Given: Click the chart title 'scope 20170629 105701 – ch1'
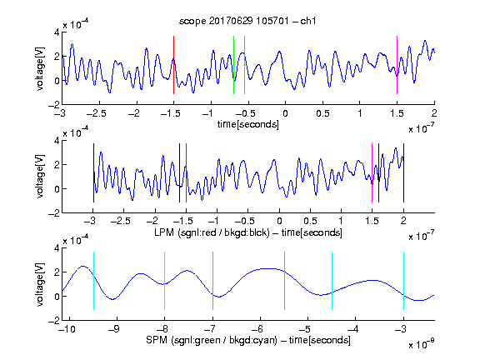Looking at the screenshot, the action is pyautogui.click(x=247, y=21).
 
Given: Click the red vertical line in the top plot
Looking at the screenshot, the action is pyautogui.click(x=173, y=65).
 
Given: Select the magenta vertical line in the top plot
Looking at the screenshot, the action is pyautogui.click(x=397, y=65).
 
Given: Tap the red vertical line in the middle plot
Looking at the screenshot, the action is pyautogui.click(x=186, y=173).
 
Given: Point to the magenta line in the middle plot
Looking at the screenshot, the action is pyautogui.click(x=372, y=173).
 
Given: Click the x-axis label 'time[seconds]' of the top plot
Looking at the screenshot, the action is pyautogui.click(x=248, y=124).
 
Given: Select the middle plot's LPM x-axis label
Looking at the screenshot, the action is pyautogui.click(x=248, y=232).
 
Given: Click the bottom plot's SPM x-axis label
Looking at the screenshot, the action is pyautogui.click(x=248, y=340).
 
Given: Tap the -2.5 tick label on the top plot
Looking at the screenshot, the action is pyautogui.click(x=97, y=113).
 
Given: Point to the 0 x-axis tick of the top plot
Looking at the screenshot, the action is pyautogui.click(x=285, y=113).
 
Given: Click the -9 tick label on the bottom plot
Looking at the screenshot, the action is pyautogui.click(x=114, y=329).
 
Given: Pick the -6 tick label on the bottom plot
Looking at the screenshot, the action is pyautogui.click(x=260, y=329).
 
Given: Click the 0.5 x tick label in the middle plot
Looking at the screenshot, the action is pyautogui.click(x=310, y=221).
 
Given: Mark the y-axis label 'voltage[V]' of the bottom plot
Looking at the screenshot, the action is pyautogui.click(x=40, y=284).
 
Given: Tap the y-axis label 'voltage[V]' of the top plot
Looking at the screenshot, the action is pyautogui.click(x=40, y=68).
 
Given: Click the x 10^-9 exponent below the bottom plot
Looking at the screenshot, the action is pyautogui.click(x=422, y=345).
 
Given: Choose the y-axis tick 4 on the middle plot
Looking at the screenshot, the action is pyautogui.click(x=57, y=141).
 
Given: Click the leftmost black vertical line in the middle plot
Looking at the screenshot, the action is pyautogui.click(x=93, y=173).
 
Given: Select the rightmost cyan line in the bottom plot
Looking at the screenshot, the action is pyautogui.click(x=403, y=281).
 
